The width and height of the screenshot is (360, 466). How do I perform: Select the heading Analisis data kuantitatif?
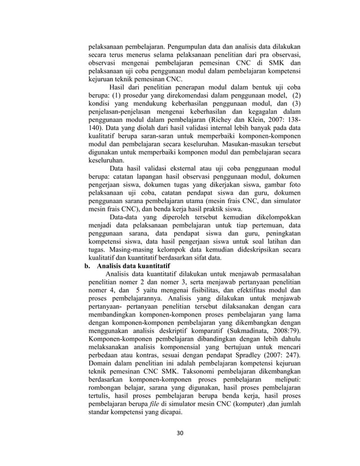(x=134, y=265)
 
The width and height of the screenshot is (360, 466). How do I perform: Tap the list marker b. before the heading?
(x=86, y=265)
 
